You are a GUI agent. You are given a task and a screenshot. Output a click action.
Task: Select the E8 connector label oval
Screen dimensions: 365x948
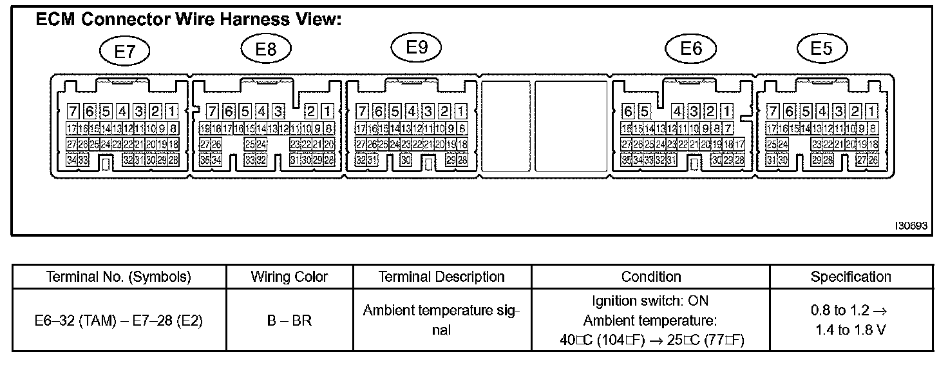(266, 49)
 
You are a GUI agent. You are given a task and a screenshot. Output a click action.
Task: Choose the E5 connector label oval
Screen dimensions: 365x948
(821, 49)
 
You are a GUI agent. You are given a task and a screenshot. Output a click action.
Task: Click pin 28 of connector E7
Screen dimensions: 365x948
(173, 159)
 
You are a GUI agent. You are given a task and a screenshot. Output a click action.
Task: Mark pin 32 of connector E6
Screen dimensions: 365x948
(659, 159)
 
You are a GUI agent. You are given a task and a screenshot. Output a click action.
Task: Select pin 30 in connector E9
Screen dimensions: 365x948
(406, 159)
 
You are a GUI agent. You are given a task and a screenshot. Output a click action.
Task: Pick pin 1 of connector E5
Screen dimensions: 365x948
(872, 110)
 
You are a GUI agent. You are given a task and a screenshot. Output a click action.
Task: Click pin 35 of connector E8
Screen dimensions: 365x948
(205, 159)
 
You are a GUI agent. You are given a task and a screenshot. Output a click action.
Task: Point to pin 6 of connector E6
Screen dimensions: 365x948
(627, 110)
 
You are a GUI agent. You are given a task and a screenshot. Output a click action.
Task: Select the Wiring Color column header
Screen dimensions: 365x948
(289, 277)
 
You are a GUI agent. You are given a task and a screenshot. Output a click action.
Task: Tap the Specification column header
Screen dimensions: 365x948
(850, 277)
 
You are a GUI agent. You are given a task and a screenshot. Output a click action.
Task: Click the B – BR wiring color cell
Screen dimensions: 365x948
(289, 320)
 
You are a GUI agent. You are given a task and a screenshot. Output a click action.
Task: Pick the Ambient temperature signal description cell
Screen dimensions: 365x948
(441, 320)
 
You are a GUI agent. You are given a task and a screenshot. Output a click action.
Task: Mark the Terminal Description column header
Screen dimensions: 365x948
(441, 277)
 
